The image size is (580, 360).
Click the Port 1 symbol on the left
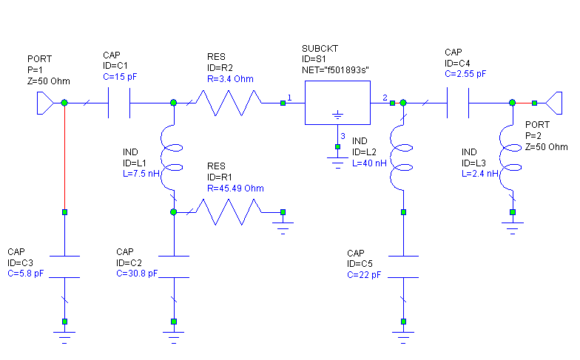click(x=45, y=103)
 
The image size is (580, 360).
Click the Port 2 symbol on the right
click(x=551, y=103)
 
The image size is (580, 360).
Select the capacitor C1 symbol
click(x=120, y=103)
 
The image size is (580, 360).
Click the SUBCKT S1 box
click(x=337, y=103)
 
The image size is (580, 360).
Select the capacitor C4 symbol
click(x=458, y=103)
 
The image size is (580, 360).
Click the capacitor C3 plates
click(x=65, y=267)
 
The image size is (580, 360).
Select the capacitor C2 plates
click(x=174, y=267)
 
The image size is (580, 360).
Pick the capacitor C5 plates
click(x=402, y=267)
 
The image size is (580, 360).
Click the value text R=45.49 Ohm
click(x=235, y=187)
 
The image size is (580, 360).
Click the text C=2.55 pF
click(x=465, y=74)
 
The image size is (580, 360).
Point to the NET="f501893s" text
click(x=336, y=69)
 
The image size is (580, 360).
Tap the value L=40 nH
click(x=370, y=163)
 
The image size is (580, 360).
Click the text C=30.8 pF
click(x=137, y=274)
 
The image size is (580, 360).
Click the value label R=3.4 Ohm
click(x=230, y=79)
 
